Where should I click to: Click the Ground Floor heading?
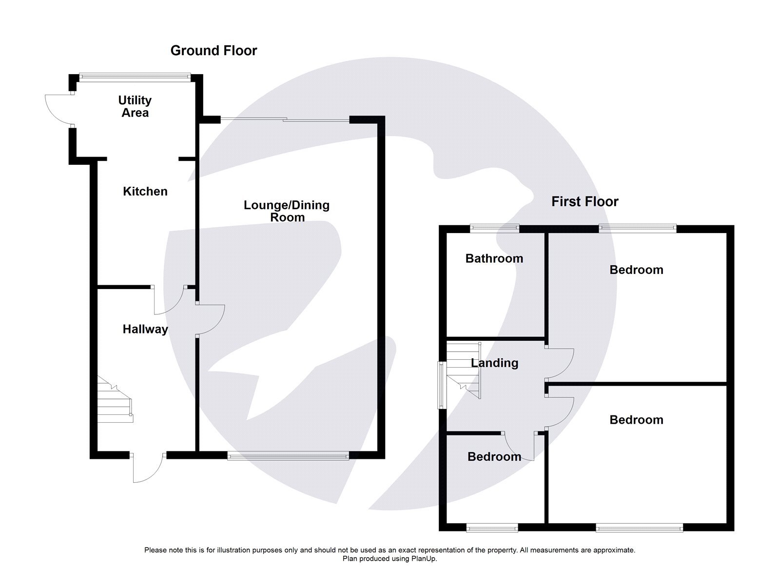point(214,51)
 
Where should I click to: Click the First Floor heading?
point(585,202)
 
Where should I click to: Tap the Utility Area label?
point(135,106)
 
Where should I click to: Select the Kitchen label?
point(145,192)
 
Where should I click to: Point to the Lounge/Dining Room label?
point(287,211)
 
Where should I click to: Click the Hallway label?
point(145,330)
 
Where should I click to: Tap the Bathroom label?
point(494,259)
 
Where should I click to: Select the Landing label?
point(494,363)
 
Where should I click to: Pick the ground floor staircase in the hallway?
point(114,400)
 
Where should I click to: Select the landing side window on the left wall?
point(441,385)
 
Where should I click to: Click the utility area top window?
point(135,76)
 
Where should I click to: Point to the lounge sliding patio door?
point(285,118)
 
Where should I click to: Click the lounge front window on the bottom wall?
point(288,456)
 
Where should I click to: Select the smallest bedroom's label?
point(494,457)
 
